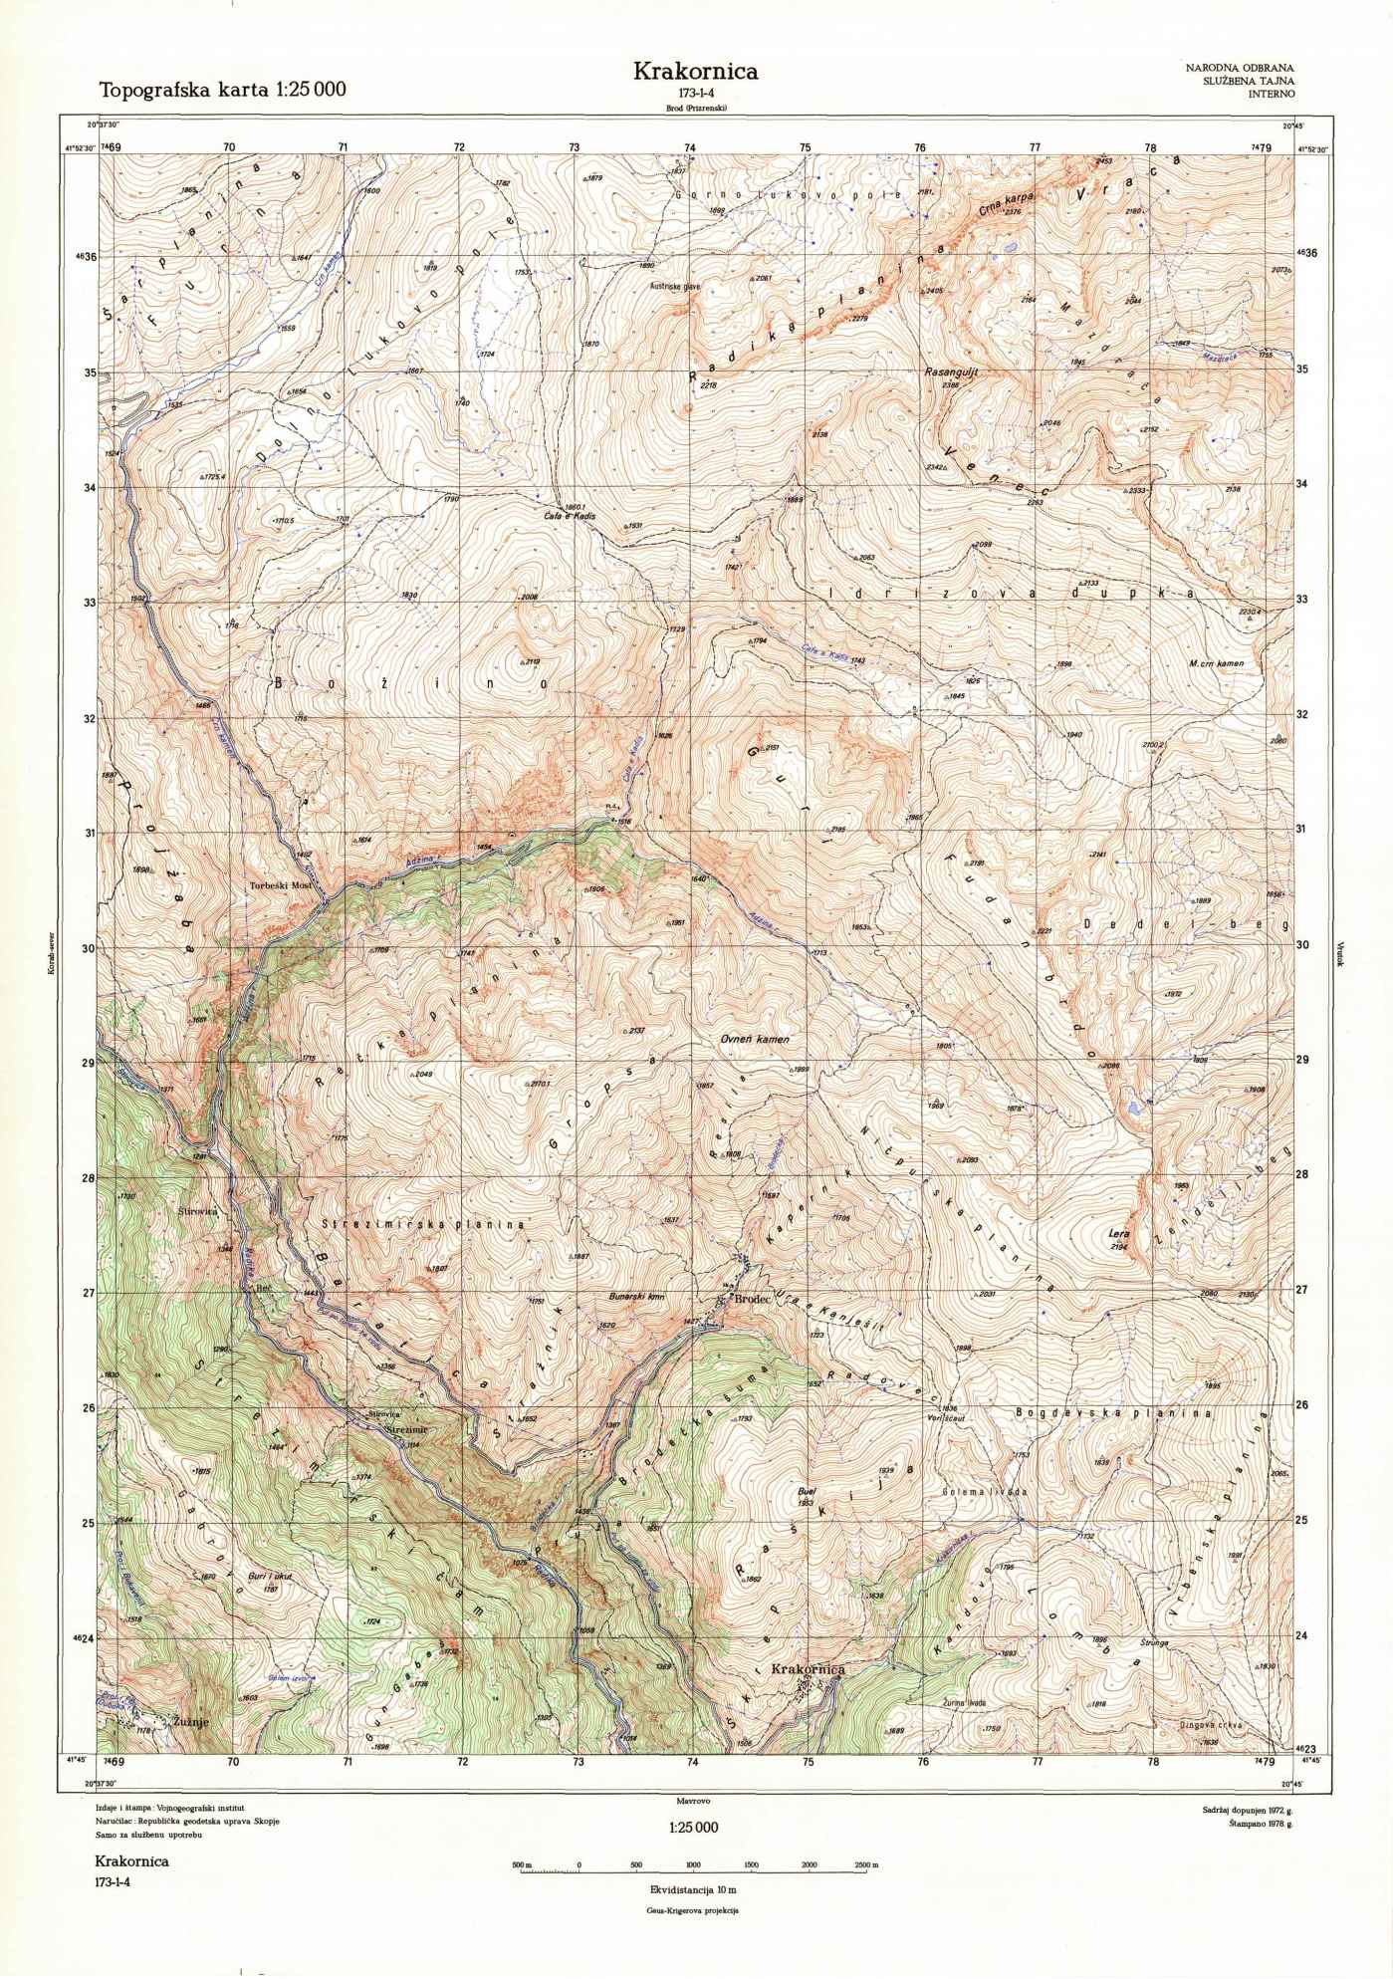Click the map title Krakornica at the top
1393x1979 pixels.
[696, 71]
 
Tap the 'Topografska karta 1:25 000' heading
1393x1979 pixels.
[222, 90]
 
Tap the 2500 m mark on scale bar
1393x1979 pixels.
[866, 1864]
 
